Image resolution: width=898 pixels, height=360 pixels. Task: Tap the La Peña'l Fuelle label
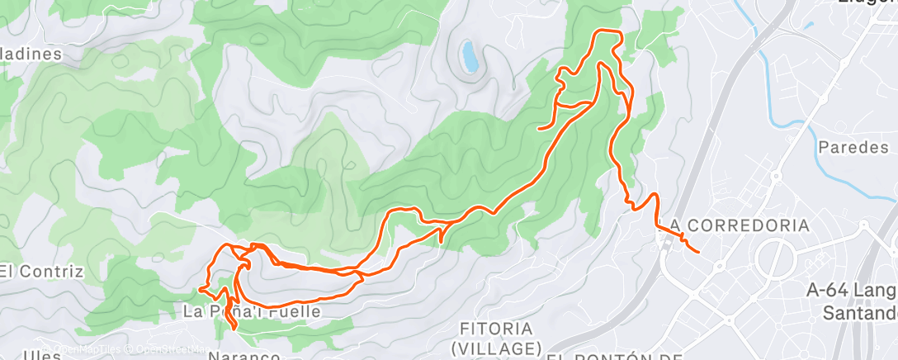pyautogui.click(x=251, y=311)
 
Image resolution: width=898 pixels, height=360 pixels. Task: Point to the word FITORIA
pyautogui.click(x=495, y=328)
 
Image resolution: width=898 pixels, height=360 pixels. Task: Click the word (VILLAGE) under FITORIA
pyautogui.click(x=496, y=347)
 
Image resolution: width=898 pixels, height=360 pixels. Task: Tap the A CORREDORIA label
pyautogui.click(x=740, y=225)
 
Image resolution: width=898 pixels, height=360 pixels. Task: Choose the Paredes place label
pyautogui.click(x=853, y=148)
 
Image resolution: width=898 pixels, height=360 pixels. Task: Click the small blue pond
pyautogui.click(x=470, y=55)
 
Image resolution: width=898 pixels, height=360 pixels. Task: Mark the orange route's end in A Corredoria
pyautogui.click(x=699, y=251)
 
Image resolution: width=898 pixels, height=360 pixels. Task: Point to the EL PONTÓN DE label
pyautogui.click(x=615, y=357)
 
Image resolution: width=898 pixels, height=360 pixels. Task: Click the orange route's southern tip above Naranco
pyautogui.click(x=234, y=329)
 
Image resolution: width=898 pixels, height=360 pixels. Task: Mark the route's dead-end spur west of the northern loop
pyautogui.click(x=539, y=129)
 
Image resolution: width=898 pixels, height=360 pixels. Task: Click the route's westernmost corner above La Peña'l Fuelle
pyautogui.click(x=201, y=289)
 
